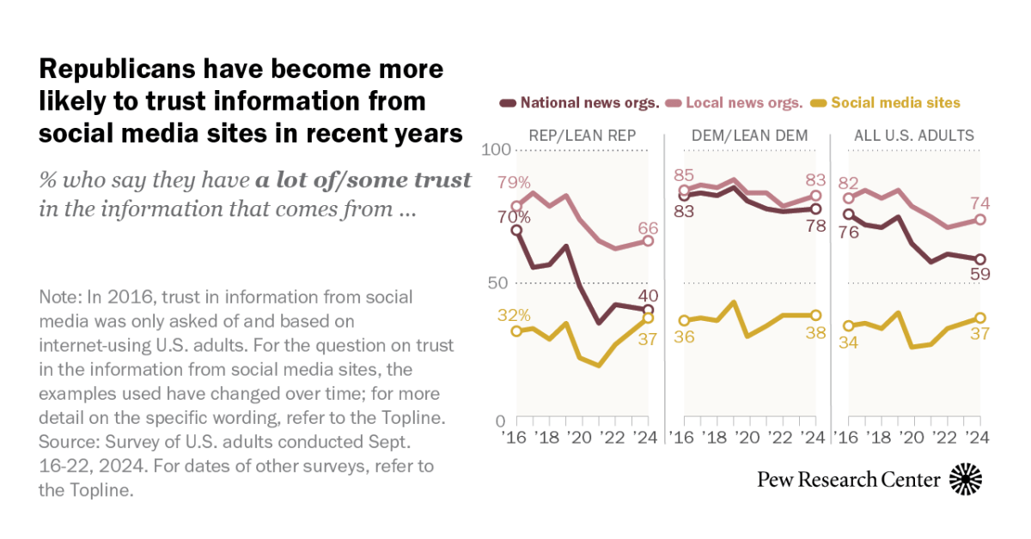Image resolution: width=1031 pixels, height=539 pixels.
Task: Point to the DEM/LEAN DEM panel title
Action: coord(746,135)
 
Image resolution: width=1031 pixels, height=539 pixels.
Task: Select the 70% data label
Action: coord(514,217)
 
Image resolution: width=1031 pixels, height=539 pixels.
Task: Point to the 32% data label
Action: coord(514,314)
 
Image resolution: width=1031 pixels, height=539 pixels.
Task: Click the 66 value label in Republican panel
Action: coord(649,227)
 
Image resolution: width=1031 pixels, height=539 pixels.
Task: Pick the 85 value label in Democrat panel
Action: coord(685,175)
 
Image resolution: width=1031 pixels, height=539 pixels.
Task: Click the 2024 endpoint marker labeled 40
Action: coord(649,310)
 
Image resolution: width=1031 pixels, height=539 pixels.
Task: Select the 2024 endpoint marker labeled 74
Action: coord(981,220)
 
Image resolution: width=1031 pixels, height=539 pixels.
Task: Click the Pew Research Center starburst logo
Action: coord(966,479)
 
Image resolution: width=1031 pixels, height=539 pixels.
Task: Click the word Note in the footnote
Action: coord(58,298)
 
